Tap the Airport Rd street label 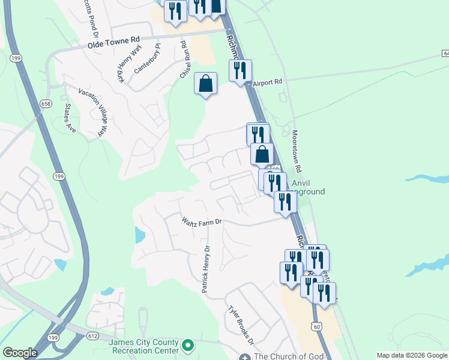[x=267, y=82]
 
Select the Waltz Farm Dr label [x=202, y=221]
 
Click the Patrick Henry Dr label [x=206, y=269]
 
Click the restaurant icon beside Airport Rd [x=240, y=70]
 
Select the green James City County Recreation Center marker [x=188, y=345]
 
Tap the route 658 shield [x=46, y=104]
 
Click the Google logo [x=20, y=353]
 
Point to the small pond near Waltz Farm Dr [x=139, y=235]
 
